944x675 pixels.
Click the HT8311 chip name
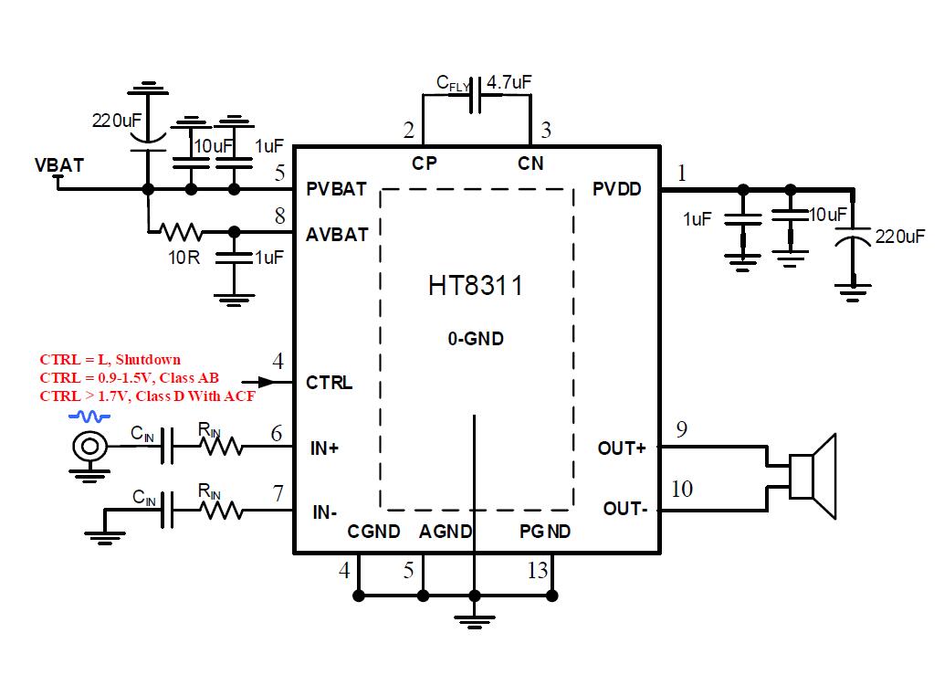(476, 286)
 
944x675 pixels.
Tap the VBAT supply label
(59, 165)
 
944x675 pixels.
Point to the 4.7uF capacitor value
(509, 82)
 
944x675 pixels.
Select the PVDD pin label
(616, 189)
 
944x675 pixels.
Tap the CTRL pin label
(329, 383)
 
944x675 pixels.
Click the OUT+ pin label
(622, 448)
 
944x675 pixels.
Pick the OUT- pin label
(625, 509)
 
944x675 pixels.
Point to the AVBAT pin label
(337, 234)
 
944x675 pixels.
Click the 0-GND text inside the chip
(476, 339)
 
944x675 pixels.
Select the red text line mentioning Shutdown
(110, 359)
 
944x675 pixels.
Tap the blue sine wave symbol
(89, 417)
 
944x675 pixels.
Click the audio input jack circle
(89, 447)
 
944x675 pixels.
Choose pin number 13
(538, 571)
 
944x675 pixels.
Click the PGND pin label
(545, 532)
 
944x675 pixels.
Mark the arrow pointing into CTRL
(266, 382)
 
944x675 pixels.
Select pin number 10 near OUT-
(682, 489)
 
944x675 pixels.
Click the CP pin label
(425, 163)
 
